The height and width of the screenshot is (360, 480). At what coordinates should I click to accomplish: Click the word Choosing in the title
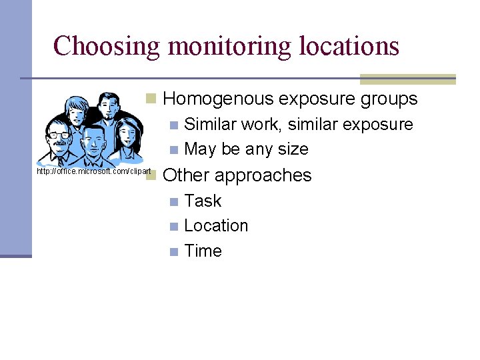pos(106,46)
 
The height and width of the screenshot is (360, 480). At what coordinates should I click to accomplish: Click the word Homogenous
pos(218,99)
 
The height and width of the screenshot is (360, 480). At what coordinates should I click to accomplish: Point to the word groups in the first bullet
pos(389,99)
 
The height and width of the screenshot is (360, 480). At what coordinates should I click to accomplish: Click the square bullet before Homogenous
pos(151,99)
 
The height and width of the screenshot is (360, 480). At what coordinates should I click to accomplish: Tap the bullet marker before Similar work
pos(174,125)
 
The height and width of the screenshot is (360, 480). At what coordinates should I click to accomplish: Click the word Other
pos(186,175)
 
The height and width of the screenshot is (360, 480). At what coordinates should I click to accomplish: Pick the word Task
pos(203,201)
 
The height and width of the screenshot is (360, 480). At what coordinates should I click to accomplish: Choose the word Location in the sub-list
pos(216,225)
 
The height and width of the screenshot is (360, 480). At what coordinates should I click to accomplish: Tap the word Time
pos(203,251)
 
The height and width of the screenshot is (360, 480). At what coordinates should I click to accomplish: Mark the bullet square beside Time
pos(174,251)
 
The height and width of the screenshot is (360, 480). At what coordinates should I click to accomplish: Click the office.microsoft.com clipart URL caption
pos(94,171)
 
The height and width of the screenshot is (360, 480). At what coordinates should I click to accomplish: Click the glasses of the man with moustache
pos(59,135)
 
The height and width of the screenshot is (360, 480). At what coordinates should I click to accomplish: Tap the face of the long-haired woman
pos(126,136)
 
